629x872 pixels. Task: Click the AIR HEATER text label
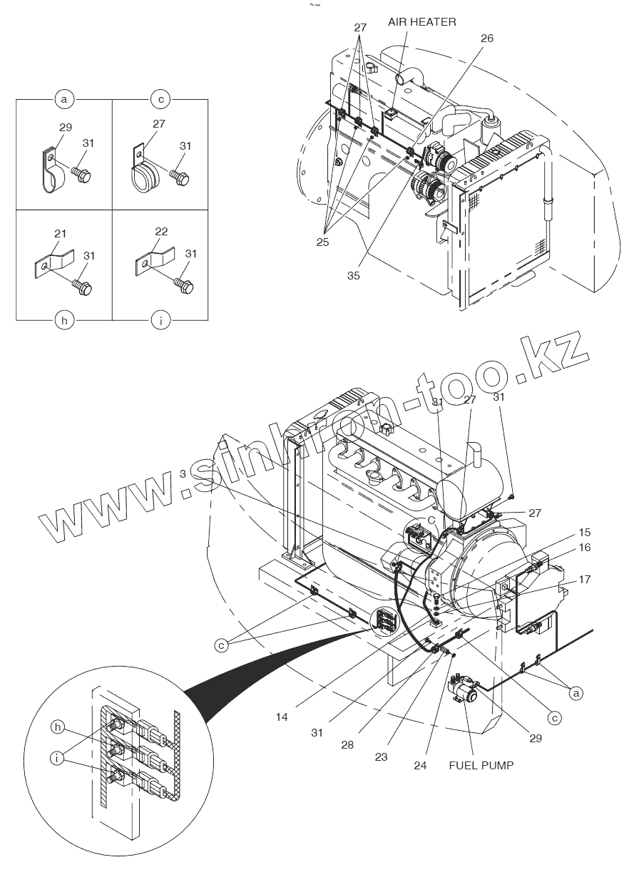click(x=422, y=22)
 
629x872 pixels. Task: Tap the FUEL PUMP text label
click(x=481, y=765)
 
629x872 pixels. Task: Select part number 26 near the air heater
click(x=486, y=39)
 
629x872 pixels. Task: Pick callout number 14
click(x=282, y=717)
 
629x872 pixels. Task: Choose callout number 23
click(x=381, y=756)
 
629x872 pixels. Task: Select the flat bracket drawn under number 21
click(x=53, y=261)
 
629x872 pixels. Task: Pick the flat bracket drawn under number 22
click(x=153, y=261)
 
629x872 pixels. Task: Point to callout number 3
click(x=183, y=473)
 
